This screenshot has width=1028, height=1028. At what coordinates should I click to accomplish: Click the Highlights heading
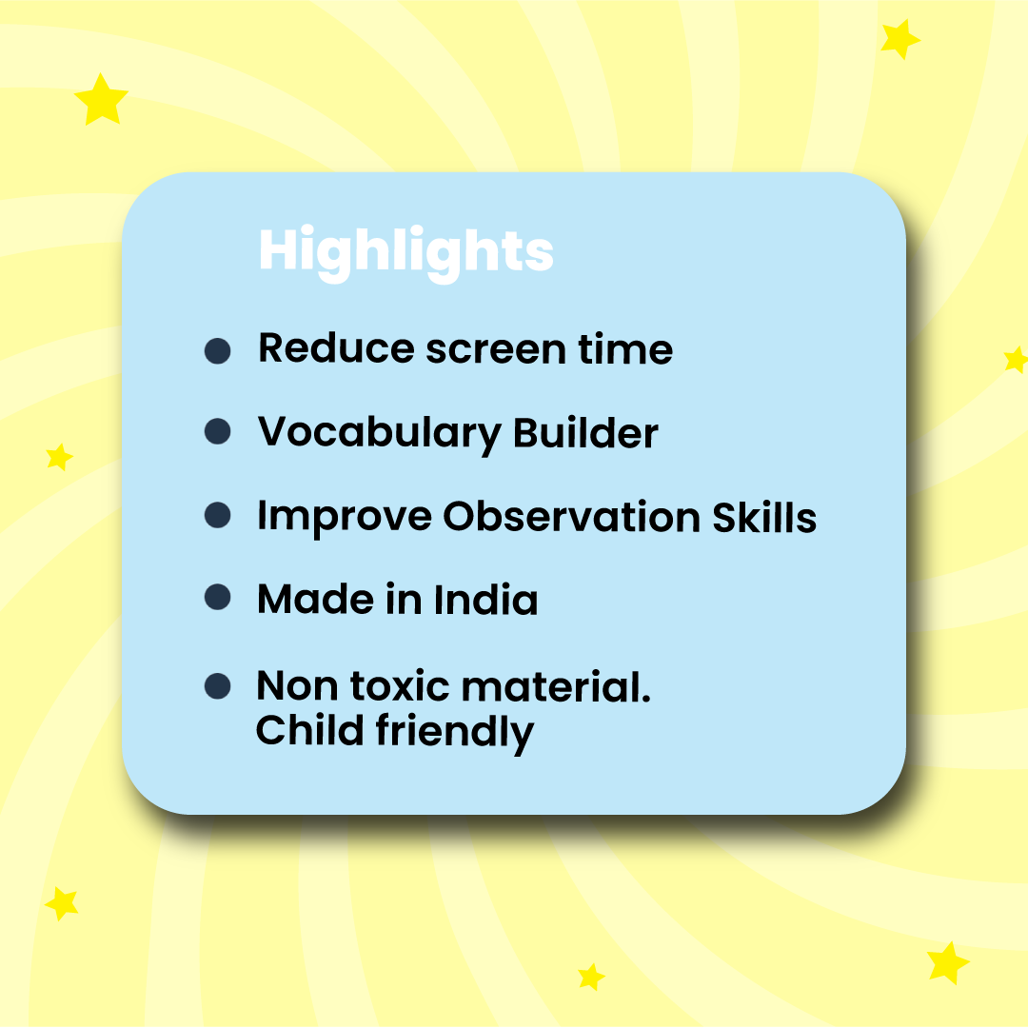pyautogui.click(x=405, y=251)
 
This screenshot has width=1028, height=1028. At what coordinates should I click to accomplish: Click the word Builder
pyautogui.click(x=585, y=433)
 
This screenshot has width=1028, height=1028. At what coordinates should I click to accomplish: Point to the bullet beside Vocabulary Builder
pyautogui.click(x=218, y=432)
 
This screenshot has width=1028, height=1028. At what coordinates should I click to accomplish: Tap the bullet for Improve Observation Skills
pyautogui.click(x=218, y=515)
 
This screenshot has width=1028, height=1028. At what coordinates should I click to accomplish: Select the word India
pyautogui.click(x=485, y=600)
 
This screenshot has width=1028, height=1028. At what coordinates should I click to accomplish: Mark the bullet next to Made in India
pyautogui.click(x=218, y=598)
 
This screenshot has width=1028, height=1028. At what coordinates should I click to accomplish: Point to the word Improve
pyautogui.click(x=344, y=518)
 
